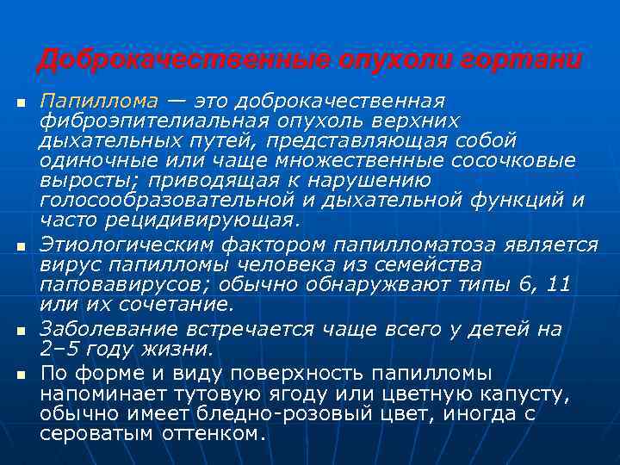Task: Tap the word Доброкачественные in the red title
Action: click(183, 61)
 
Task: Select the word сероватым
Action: click(96, 433)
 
